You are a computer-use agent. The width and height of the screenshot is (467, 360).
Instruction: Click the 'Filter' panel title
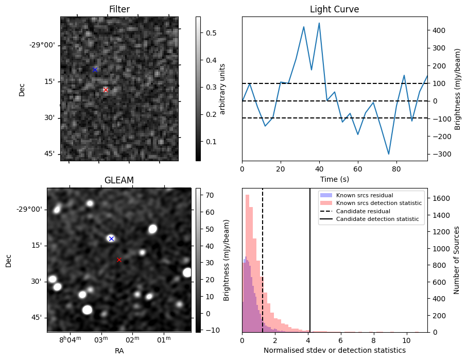pos(119,9)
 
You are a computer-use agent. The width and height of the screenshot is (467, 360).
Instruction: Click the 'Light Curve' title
pos(334,9)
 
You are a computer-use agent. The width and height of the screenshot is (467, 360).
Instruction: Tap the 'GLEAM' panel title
pos(119,180)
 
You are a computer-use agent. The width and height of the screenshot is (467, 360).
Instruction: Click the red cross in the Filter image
pos(106,90)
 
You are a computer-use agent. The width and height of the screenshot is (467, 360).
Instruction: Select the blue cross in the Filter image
pos(95,70)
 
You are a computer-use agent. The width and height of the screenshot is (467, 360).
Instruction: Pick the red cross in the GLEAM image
pos(119,260)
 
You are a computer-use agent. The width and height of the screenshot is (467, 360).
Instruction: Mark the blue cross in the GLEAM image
pos(111,238)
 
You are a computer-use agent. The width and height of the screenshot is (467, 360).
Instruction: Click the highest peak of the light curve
pos(319,23)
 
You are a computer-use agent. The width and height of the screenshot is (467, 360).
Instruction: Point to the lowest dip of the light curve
pos(389,154)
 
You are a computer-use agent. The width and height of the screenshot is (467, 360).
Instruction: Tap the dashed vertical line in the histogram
pos(263,258)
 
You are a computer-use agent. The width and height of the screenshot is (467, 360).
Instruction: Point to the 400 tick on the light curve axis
pos(438,30)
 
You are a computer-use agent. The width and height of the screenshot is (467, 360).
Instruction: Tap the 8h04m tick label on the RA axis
pos(70,339)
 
